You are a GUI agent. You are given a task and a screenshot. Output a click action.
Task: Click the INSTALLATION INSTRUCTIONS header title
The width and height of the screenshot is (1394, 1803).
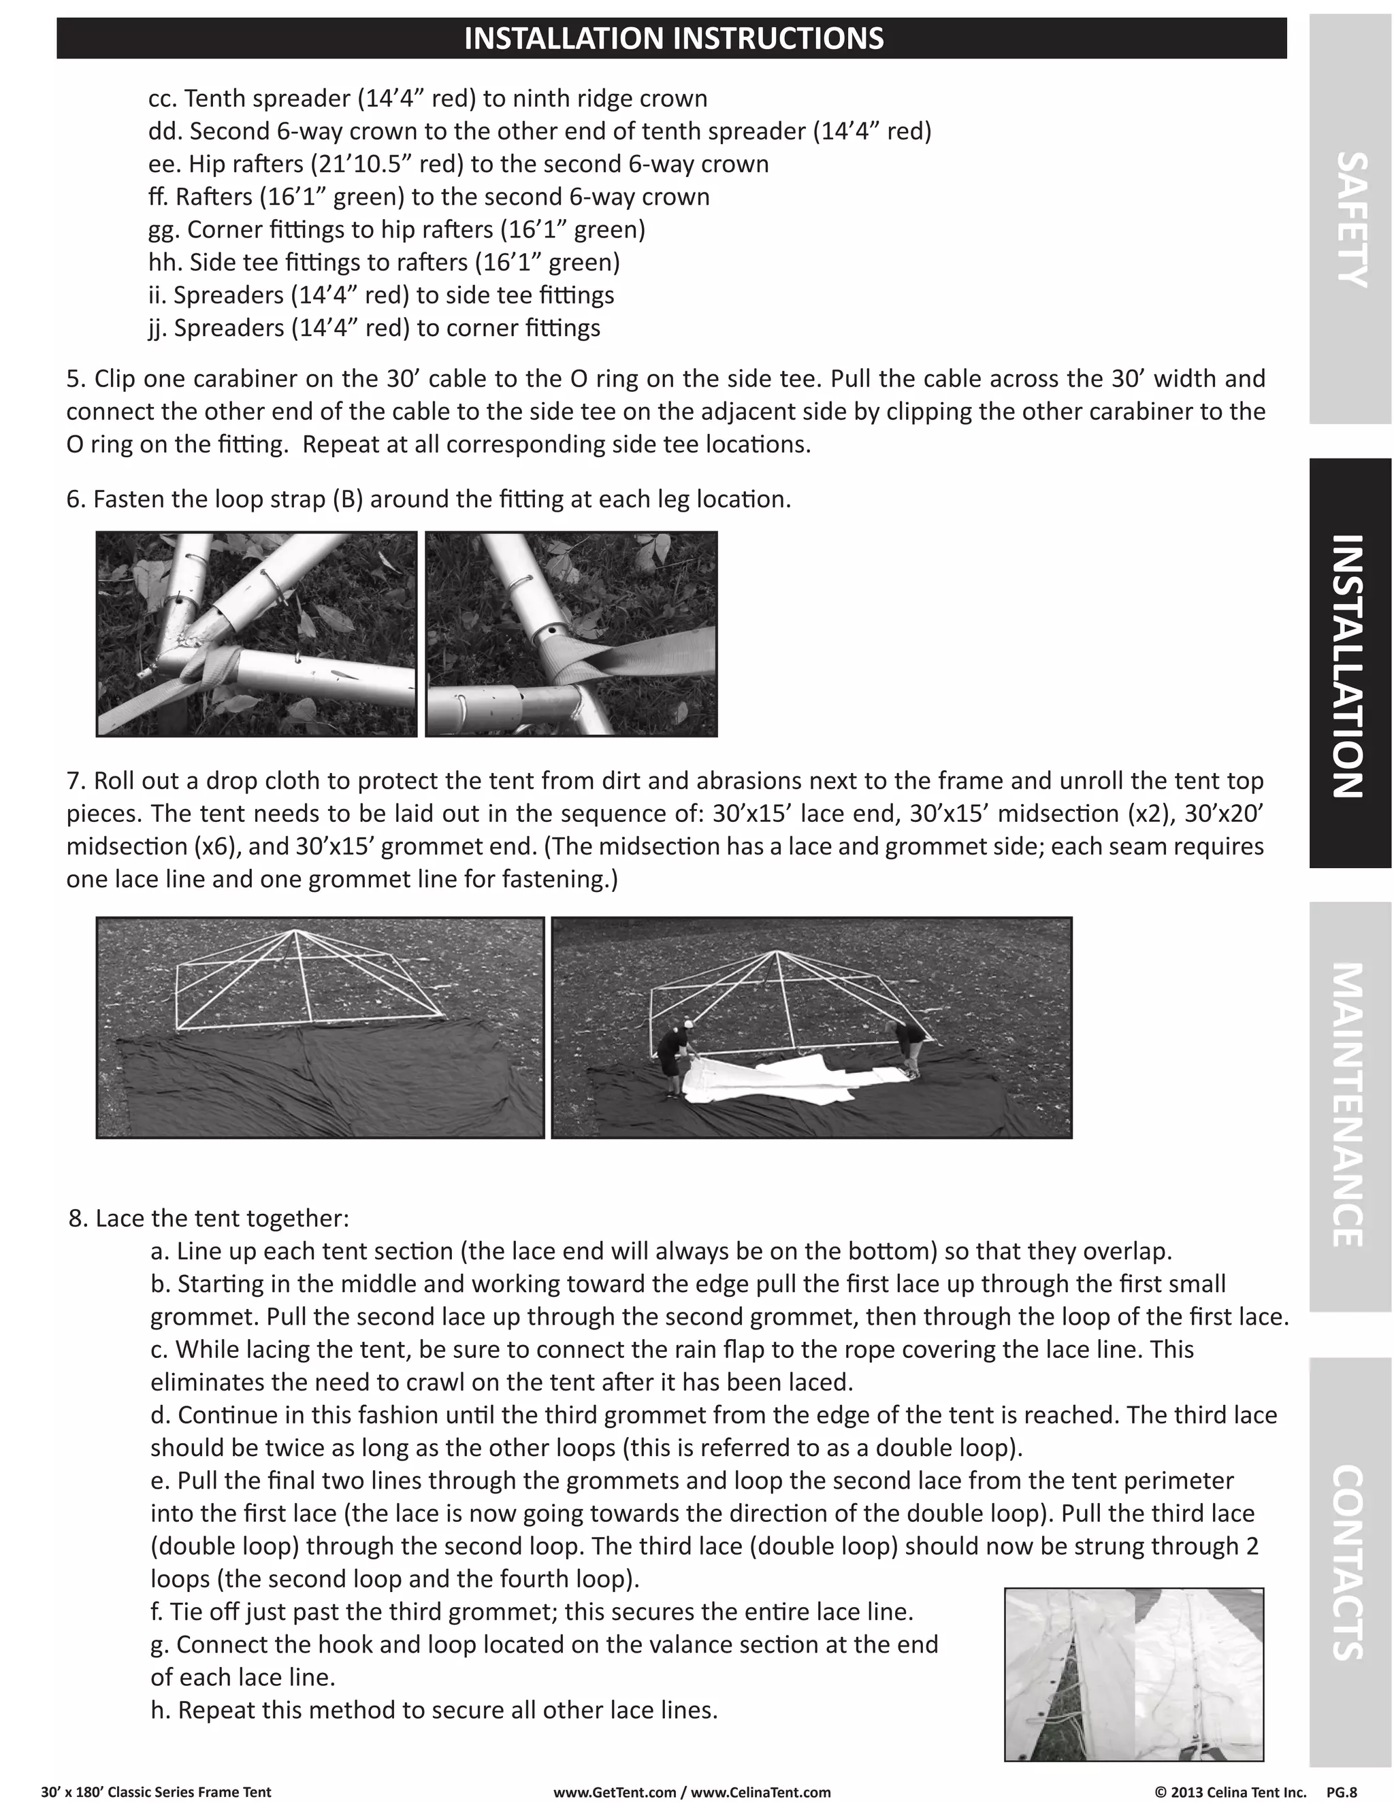(673, 39)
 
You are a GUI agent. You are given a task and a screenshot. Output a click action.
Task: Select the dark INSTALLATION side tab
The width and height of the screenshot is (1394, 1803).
(1350, 665)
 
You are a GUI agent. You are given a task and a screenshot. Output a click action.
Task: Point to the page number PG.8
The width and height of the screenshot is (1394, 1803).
(1341, 1791)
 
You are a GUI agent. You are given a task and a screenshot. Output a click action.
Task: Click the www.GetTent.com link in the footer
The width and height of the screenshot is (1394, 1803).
(615, 1791)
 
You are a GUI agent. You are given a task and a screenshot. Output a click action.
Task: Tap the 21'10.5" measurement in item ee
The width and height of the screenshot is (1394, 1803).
(361, 164)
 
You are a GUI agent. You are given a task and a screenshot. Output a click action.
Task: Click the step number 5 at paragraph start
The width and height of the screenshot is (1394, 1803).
(75, 379)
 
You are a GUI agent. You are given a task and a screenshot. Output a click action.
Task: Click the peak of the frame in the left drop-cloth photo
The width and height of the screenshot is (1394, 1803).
(295, 932)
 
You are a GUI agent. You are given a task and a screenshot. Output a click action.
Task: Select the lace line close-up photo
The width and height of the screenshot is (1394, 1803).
(1133, 1674)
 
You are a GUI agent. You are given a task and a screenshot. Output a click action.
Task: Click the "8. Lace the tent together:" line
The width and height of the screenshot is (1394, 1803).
(209, 1219)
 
